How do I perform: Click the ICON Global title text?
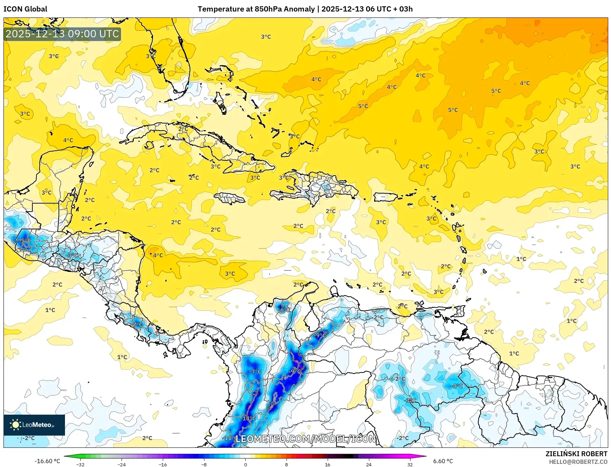[25, 9]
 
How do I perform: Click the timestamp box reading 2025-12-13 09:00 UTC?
[62, 34]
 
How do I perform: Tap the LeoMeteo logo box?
[34, 425]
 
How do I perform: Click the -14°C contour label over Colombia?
[249, 418]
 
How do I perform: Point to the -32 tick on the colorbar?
[80, 464]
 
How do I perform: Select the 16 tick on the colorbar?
[327, 464]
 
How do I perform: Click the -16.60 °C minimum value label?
[47, 461]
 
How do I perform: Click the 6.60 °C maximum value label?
[443, 461]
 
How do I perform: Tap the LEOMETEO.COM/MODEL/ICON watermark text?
[305, 439]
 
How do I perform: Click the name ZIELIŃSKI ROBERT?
[576, 454]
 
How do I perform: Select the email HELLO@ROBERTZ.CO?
[578, 462]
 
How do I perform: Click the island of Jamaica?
[230, 198]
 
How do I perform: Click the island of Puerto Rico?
[386, 197]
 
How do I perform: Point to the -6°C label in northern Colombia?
[285, 310]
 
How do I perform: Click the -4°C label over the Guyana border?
[457, 386]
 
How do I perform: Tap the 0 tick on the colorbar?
[245, 464]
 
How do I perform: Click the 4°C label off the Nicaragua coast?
[158, 255]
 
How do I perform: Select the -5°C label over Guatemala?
[25, 241]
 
